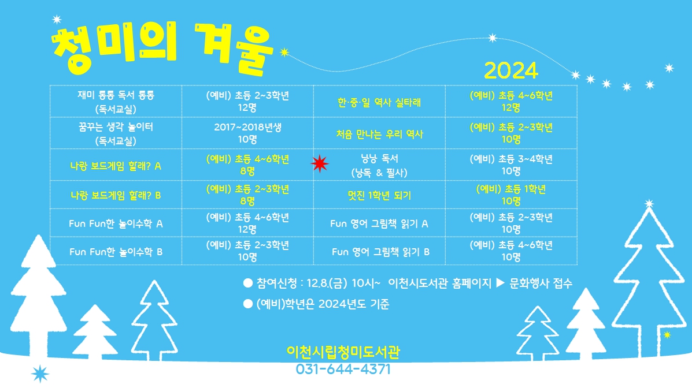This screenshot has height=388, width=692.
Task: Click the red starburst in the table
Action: (x=320, y=163)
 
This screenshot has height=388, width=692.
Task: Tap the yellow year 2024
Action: (x=511, y=70)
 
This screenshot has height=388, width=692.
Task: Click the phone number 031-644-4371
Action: (x=343, y=369)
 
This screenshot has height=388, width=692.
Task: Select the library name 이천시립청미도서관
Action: (x=343, y=352)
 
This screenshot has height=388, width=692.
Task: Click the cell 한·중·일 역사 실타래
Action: (x=379, y=102)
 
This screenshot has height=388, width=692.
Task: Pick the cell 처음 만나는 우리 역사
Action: (x=379, y=134)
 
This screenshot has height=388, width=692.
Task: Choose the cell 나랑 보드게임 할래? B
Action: (x=116, y=195)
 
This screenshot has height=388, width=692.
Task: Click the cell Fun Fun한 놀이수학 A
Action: (x=116, y=223)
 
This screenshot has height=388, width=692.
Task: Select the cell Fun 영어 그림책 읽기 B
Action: (x=380, y=252)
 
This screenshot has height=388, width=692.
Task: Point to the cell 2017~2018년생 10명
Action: (x=247, y=133)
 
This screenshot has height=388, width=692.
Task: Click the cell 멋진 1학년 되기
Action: (x=379, y=195)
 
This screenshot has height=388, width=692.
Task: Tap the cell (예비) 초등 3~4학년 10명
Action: (x=511, y=165)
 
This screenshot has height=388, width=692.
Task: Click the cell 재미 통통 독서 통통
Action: (x=116, y=102)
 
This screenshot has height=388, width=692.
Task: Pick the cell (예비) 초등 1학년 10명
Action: (x=511, y=195)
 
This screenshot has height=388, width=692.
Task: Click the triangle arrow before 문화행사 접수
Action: (x=501, y=282)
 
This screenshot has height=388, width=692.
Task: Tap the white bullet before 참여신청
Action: (x=248, y=283)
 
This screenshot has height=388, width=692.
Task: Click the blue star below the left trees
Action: (x=40, y=374)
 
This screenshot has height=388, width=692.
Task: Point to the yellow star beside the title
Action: (x=284, y=52)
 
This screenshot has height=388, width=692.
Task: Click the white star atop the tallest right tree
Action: (x=649, y=204)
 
